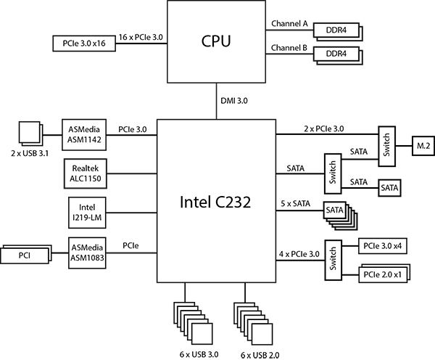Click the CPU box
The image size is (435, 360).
click(216, 41)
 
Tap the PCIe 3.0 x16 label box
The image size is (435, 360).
click(85, 43)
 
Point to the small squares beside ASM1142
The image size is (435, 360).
click(30, 132)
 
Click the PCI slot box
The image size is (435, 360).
click(25, 255)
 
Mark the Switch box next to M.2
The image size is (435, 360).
click(386, 144)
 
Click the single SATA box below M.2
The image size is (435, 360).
click(389, 187)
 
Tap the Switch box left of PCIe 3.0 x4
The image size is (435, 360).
click(333, 258)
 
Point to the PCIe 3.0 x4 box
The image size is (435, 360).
click(382, 246)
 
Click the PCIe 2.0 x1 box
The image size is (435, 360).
click(382, 274)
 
